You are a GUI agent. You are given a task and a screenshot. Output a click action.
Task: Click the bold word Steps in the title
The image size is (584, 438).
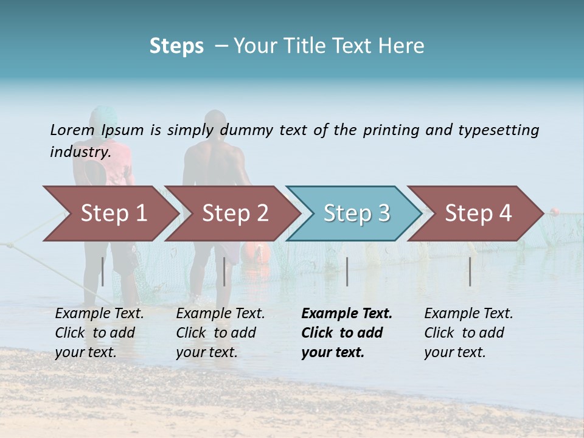pyautogui.click(x=176, y=46)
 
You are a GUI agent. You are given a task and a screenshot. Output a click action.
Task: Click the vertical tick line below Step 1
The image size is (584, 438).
pyautogui.click(x=103, y=271)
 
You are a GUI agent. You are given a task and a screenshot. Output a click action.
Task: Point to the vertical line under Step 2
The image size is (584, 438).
pyautogui.click(x=224, y=271)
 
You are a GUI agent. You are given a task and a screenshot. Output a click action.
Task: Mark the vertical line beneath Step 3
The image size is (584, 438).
pyautogui.click(x=347, y=271)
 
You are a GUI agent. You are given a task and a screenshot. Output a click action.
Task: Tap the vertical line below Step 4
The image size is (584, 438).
pyautogui.click(x=470, y=271)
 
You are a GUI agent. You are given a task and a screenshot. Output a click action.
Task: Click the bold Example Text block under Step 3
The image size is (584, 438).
pyautogui.click(x=346, y=333)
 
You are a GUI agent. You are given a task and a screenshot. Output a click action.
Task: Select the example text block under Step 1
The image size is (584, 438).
pyautogui.click(x=99, y=333)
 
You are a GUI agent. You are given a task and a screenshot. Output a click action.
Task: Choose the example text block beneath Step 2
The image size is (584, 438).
pyautogui.click(x=220, y=333)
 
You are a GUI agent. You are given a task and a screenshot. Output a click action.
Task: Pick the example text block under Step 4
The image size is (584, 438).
pyautogui.click(x=468, y=333)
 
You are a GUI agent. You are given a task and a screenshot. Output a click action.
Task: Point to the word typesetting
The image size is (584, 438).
pyautogui.click(x=498, y=130)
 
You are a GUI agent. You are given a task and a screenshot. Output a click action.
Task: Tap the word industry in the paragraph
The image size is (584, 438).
pyautogui.click(x=80, y=152)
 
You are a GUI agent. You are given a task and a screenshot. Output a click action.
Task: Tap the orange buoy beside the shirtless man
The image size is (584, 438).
pyautogui.click(x=254, y=252)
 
